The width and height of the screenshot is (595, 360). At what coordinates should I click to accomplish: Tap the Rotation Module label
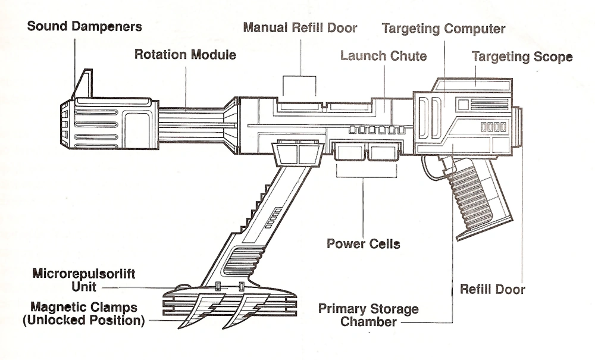185,55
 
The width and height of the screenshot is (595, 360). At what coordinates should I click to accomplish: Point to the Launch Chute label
383,56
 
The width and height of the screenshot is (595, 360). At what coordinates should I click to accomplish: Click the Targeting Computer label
443,28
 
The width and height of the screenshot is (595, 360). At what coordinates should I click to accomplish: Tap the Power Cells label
363,243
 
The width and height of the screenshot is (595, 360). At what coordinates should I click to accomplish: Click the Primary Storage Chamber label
368,315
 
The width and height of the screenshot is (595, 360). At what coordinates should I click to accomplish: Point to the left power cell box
350,152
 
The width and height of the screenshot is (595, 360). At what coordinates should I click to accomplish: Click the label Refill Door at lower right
493,290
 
